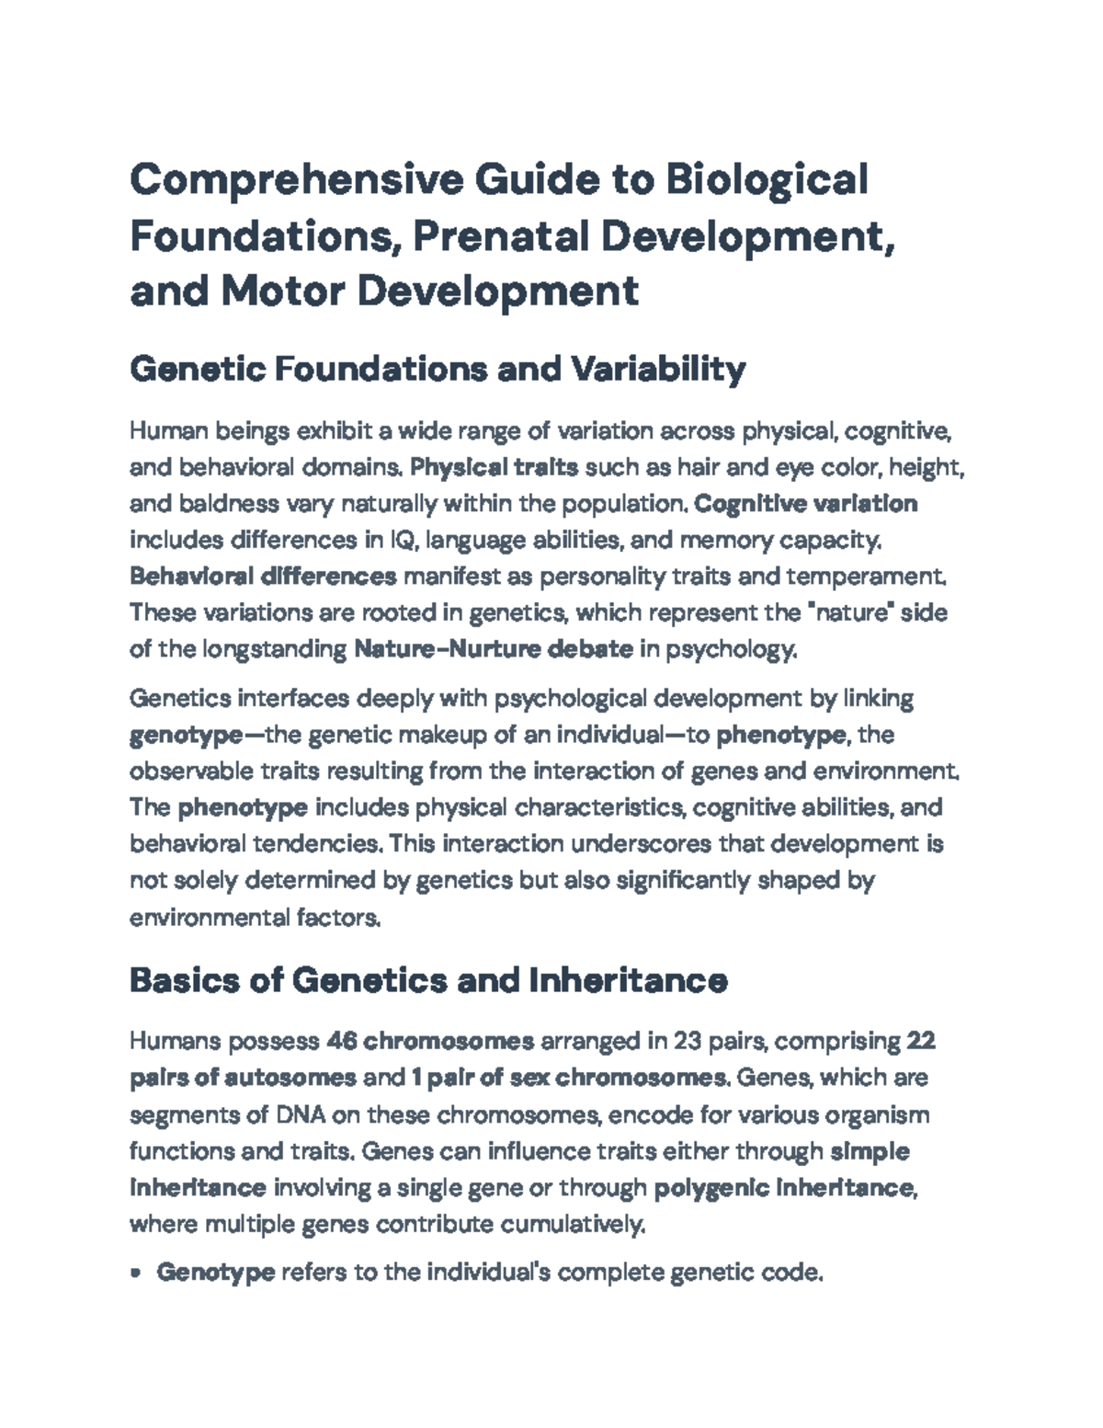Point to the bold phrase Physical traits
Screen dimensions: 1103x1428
click(494, 468)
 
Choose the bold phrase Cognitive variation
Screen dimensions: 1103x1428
click(806, 504)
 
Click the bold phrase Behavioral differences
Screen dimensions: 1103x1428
click(263, 577)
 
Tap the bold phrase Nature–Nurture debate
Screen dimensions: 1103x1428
click(493, 649)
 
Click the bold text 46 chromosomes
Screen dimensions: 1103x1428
click(429, 1042)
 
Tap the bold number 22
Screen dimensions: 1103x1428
click(920, 1042)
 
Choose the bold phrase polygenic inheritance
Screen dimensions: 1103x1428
click(783, 1188)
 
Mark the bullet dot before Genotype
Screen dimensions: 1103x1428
click(136, 1274)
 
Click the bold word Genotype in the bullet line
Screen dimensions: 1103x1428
click(215, 1273)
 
